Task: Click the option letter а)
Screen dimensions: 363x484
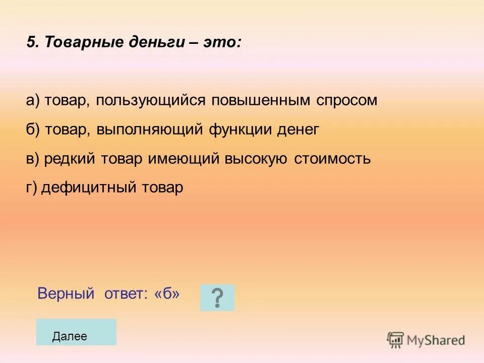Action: coord(33,100)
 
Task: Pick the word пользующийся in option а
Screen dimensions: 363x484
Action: coord(151,100)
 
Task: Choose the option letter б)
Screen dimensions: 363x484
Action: coord(33,130)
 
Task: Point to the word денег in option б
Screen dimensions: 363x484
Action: coord(298,130)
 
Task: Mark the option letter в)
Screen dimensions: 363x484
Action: coord(33,159)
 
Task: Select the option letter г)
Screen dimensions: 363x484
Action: coord(32,188)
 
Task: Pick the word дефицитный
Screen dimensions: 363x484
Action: coord(89,188)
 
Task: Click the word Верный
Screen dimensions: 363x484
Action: coord(66,293)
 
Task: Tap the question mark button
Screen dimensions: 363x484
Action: coord(217,297)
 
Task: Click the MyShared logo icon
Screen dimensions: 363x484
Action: coord(395,340)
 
